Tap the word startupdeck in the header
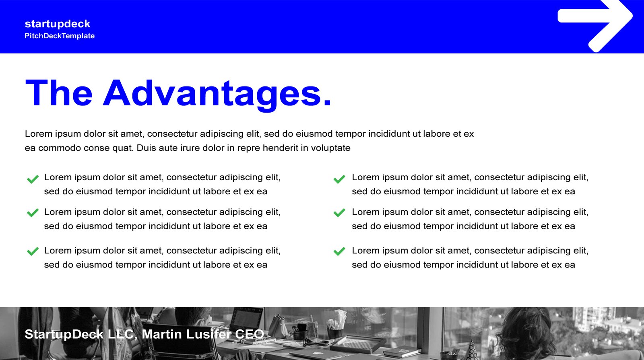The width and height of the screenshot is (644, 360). click(58, 24)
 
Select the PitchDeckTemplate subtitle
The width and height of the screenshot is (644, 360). click(60, 36)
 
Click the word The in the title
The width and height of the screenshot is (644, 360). click(59, 93)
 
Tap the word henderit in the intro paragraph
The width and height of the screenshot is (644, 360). click(280, 148)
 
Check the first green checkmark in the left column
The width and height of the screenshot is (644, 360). click(33, 179)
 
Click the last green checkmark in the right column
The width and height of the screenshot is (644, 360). click(339, 251)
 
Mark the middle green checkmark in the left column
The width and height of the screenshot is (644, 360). click(33, 213)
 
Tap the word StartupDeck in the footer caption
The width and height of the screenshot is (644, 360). click(64, 335)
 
